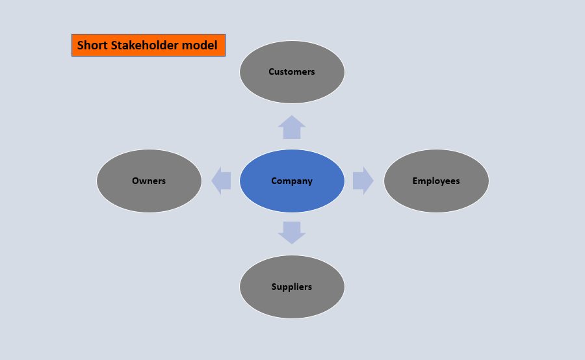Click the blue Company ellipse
(292, 195)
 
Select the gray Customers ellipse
(292, 88)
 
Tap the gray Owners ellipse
(149, 195)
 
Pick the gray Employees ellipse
(436, 195)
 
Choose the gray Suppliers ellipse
(292, 302)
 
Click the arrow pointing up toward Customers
(292, 127)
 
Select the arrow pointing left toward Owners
(221, 181)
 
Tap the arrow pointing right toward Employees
(363, 181)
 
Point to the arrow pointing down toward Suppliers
(292, 232)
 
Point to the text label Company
(292, 181)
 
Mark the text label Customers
(292, 71)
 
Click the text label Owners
(149, 181)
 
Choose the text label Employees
(436, 181)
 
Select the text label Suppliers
(292, 287)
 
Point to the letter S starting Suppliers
(274, 287)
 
